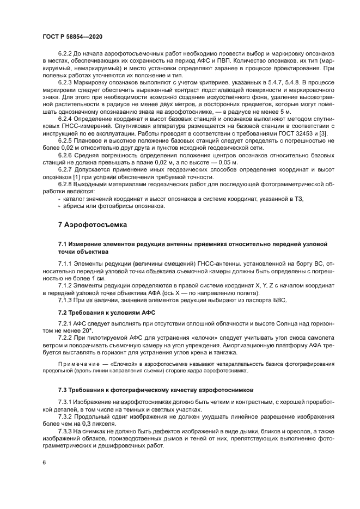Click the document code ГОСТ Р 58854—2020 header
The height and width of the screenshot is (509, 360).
tap(72, 35)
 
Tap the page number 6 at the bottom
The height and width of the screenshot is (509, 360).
tap(44, 462)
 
